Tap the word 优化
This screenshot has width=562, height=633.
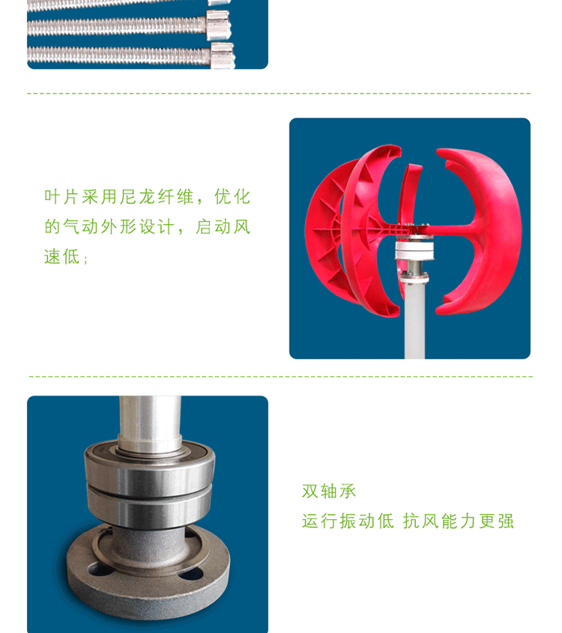pyautogui.click(x=232, y=197)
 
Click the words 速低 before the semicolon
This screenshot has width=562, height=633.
pyautogui.click(x=61, y=257)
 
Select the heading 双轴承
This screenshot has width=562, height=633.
pyautogui.click(x=329, y=491)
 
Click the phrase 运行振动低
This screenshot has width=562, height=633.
pyautogui.click(x=348, y=521)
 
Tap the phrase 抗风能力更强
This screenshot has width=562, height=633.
pyautogui.click(x=459, y=521)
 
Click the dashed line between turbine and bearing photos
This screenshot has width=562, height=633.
pyautogui.click(x=280, y=376)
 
